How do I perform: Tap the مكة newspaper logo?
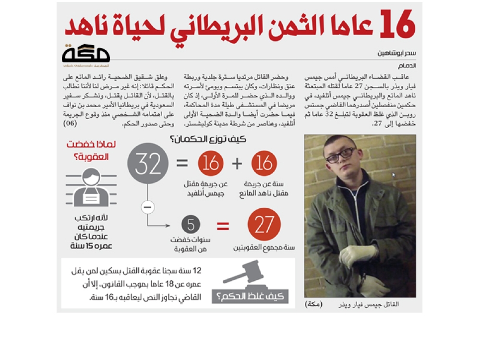(x=86, y=55)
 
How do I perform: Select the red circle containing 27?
(x=264, y=225)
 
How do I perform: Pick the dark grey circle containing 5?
(x=191, y=225)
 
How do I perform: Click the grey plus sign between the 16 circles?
(x=237, y=164)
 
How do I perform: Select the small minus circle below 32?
(x=148, y=207)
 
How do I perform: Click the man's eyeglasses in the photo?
(x=340, y=155)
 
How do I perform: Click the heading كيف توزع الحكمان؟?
(x=208, y=140)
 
